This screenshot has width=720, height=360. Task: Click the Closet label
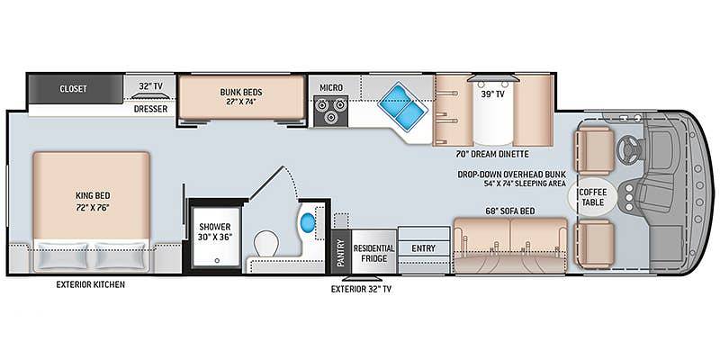pyautogui.click(x=73, y=88)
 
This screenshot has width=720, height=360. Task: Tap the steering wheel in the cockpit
pyautogui.click(x=628, y=150)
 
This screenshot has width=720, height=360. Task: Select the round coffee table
pyautogui.click(x=592, y=196)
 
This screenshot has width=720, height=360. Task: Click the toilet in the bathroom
pyautogui.click(x=266, y=243)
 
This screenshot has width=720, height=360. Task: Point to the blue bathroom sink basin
pyautogui.click(x=308, y=223)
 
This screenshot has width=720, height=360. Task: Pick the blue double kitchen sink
pyautogui.click(x=402, y=107)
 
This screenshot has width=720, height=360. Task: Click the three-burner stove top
pyautogui.click(x=331, y=111)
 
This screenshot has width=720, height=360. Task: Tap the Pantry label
pyautogui.click(x=341, y=253)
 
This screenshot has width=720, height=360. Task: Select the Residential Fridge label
pyautogui.click(x=373, y=253)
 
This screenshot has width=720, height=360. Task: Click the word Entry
pyautogui.click(x=423, y=248)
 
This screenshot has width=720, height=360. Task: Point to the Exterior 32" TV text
pyautogui.click(x=362, y=289)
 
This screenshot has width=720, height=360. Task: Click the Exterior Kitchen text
pyautogui.click(x=91, y=284)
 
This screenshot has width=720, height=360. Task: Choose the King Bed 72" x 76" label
pyautogui.click(x=93, y=201)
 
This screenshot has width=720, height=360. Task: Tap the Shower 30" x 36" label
pyautogui.click(x=214, y=232)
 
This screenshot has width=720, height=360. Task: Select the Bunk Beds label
pyautogui.click(x=241, y=97)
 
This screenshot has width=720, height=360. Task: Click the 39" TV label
pyautogui.click(x=492, y=94)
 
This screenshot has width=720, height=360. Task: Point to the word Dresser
pyautogui.click(x=150, y=109)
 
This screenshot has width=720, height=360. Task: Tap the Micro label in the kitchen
pyautogui.click(x=331, y=87)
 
